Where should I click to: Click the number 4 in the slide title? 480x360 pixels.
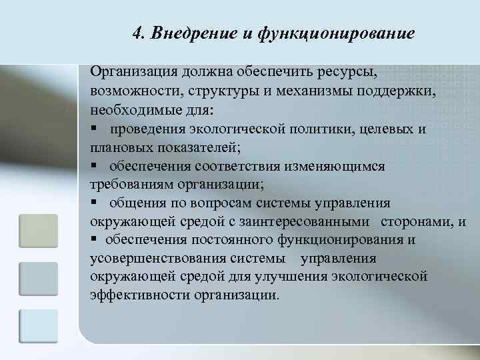tap(137, 33)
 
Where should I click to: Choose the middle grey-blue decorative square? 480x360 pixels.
tap(39, 278)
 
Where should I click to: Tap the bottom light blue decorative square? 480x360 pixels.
tap(39, 325)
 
